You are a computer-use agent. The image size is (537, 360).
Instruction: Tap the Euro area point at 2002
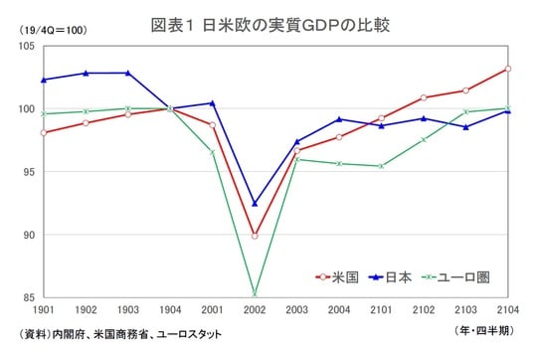255,293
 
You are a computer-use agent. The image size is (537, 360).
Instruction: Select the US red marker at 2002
255,236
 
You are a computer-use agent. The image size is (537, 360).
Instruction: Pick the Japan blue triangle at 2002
255,203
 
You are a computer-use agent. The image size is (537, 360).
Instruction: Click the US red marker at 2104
508,69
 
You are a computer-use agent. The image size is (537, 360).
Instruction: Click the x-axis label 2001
212,311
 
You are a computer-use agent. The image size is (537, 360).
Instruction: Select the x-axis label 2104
508,311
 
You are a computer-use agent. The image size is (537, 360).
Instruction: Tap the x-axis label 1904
169,311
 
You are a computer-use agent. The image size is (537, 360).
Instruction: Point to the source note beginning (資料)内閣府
114,334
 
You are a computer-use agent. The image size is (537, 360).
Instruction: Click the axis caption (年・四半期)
484,329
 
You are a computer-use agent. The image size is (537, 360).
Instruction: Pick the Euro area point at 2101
381,166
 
